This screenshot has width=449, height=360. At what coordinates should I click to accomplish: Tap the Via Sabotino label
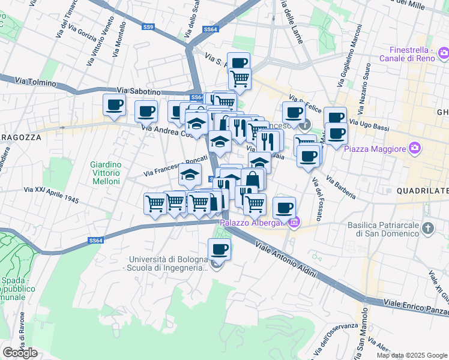(139, 91)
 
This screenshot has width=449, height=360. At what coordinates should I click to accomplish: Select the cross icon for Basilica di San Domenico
(427, 229)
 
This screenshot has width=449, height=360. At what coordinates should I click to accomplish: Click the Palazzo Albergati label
(251, 223)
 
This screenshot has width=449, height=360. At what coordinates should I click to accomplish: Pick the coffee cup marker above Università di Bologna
(219, 249)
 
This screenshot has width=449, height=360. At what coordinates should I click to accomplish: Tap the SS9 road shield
(148, 27)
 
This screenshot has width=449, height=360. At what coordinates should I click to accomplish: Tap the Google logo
(20, 353)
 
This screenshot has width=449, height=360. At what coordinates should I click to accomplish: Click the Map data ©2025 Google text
(411, 355)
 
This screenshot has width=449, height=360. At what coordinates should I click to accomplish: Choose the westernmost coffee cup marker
(114, 105)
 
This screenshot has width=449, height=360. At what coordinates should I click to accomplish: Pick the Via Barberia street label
(342, 187)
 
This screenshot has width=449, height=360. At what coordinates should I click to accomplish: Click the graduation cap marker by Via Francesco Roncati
(190, 175)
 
